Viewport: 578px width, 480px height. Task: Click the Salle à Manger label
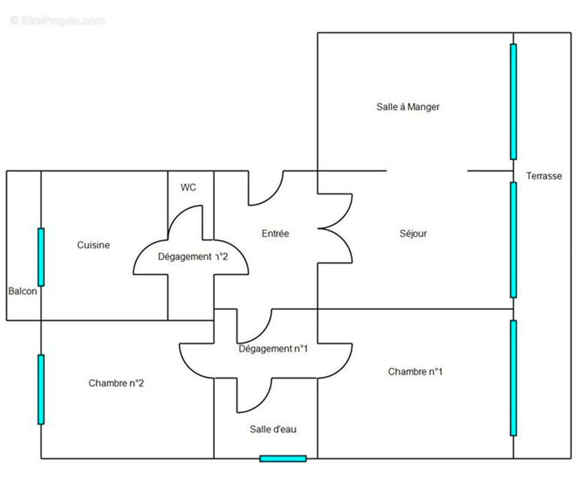coord(408,107)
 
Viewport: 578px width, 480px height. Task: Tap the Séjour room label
coord(413,233)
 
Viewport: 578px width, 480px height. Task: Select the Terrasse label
coord(544,176)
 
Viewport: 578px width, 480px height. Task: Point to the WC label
coord(188,188)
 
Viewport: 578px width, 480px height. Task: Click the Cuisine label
coord(93,245)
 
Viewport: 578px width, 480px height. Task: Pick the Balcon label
coord(23,291)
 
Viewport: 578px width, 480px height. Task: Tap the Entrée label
coord(275,233)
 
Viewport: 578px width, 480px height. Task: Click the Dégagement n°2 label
coord(193,257)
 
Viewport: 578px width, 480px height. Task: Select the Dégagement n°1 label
coord(273,349)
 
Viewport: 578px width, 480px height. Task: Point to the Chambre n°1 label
coord(415,371)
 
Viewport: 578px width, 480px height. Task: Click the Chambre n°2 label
coord(116,383)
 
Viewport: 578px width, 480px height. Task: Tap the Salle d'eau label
coord(273,429)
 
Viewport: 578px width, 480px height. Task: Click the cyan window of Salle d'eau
coord(283,458)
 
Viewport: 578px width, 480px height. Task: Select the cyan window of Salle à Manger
coord(513,101)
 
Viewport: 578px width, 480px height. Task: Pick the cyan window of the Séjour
coord(513,240)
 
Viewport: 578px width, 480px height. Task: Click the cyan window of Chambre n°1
coord(513,378)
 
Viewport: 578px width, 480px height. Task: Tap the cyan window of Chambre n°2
coord(41,389)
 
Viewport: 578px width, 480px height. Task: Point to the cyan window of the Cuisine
coord(41,257)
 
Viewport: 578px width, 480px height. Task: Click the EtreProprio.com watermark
coord(58,20)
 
